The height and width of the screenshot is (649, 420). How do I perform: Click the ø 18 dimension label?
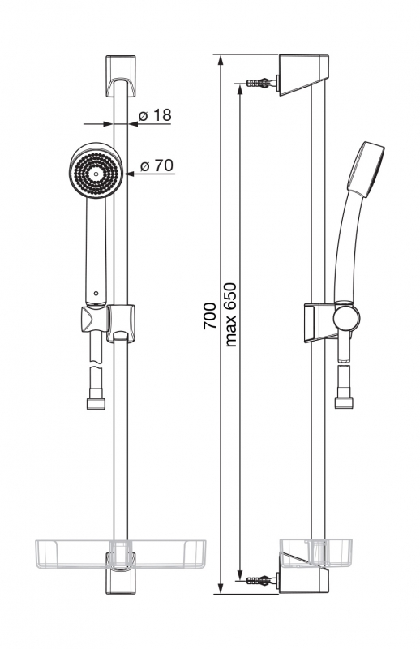[154, 115]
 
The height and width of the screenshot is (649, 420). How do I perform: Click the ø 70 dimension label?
[156, 165]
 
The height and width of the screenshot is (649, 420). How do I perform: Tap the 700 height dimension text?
[210, 316]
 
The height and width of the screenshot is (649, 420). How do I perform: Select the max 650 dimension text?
[230, 315]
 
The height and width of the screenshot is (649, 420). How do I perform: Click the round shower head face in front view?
[96, 170]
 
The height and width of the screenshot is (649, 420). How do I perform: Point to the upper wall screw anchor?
[262, 83]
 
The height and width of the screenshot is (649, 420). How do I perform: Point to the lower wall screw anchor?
[262, 580]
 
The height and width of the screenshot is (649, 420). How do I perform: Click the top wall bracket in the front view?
[121, 76]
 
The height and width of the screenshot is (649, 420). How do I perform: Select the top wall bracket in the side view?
[304, 75]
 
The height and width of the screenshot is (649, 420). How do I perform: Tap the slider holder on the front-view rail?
[121, 323]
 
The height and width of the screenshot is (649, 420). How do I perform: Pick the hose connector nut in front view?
[96, 403]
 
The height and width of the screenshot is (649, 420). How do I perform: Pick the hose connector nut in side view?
[344, 402]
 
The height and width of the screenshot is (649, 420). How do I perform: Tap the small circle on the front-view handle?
[96, 294]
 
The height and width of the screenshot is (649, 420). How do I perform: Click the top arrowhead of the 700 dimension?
[221, 60]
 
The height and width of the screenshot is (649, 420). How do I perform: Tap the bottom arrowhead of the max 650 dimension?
[239, 574]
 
